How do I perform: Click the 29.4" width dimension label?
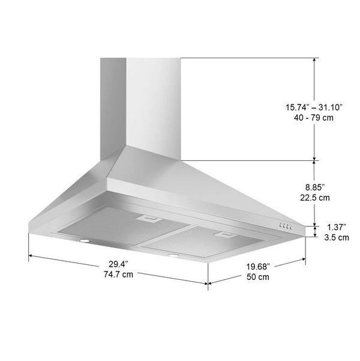pos(118,264)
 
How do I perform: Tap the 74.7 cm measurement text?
pos(118,275)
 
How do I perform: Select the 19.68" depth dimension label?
pos(258,267)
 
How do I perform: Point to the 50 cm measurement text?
pos(258,277)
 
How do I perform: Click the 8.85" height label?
pos(315,187)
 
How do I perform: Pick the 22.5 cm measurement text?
pos(315,198)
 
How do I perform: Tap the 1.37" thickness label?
pos(337,227)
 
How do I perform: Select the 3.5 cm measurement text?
pos(337,237)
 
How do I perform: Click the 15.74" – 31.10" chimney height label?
pos(314,108)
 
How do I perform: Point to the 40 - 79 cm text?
pos(314,118)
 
